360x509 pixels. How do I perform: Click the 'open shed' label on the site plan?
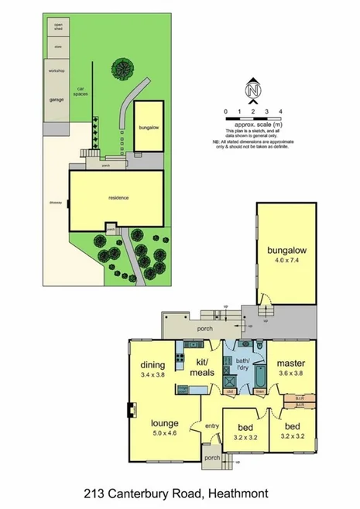coord(58,27)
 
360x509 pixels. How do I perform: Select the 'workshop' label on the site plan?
coord(57,71)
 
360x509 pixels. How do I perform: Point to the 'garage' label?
coord(57,100)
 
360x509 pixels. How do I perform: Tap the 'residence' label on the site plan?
coord(118,198)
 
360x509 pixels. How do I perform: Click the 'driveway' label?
coord(54,203)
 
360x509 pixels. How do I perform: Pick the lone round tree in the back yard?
coord(122,67)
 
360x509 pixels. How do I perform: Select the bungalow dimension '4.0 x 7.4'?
coord(286,260)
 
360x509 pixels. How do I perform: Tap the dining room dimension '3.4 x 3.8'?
coord(153,374)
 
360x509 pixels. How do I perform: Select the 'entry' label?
coord(211,426)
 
